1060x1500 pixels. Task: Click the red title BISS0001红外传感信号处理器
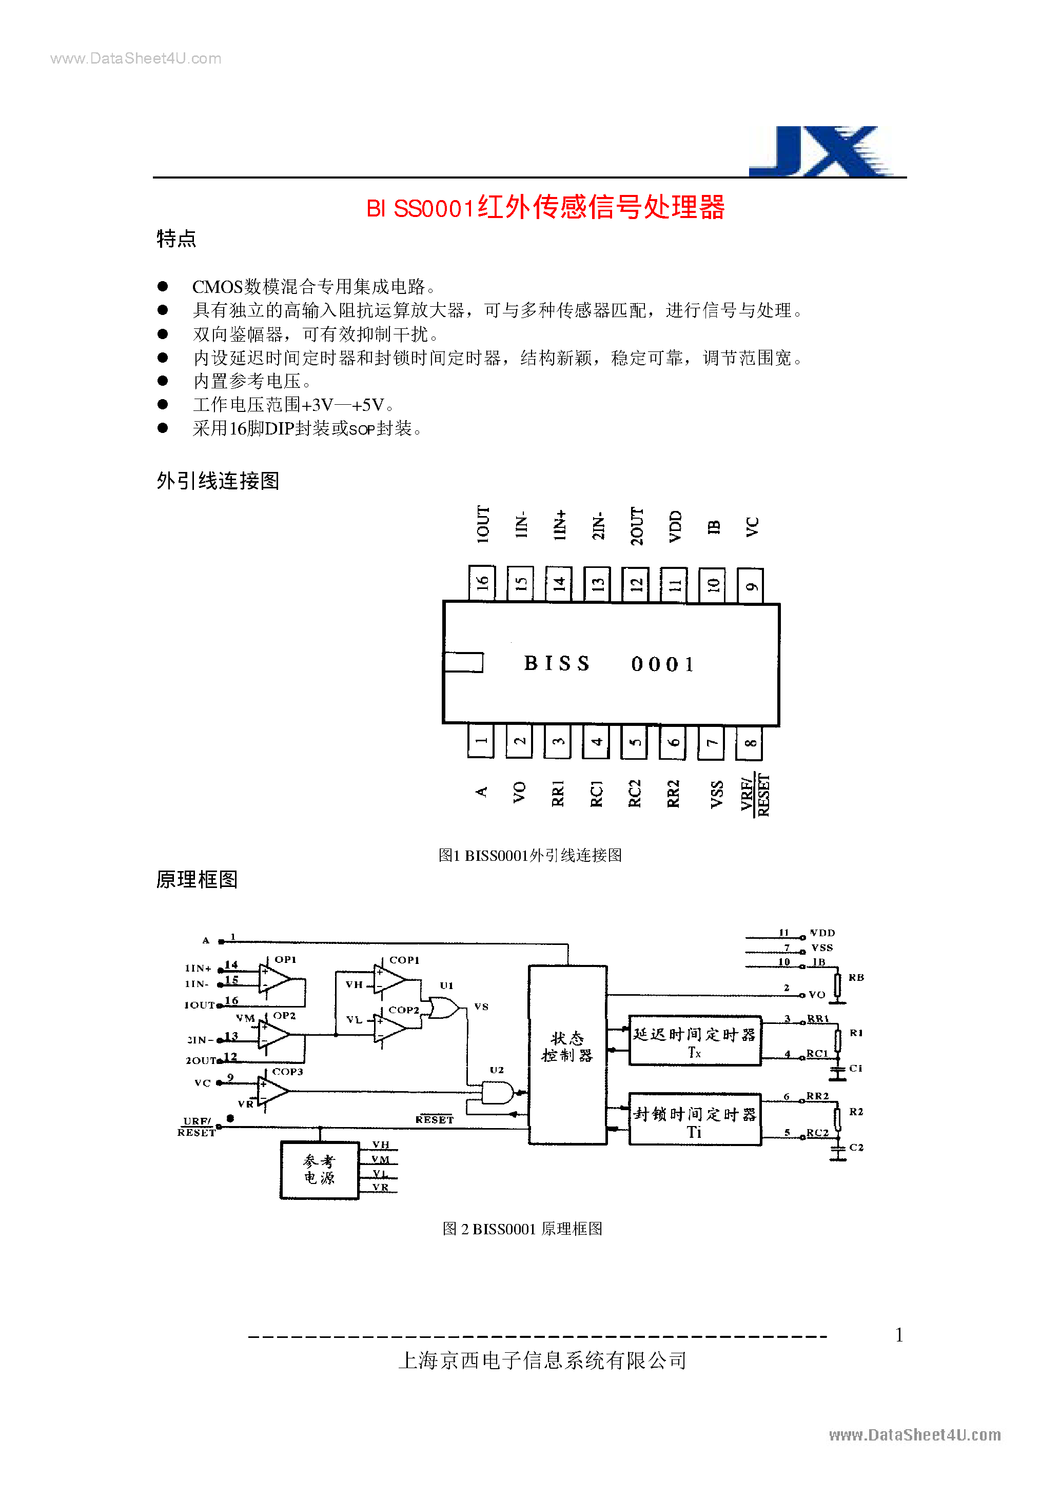[545, 208]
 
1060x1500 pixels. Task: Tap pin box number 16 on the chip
[482, 583]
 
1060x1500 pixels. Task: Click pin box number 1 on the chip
[481, 741]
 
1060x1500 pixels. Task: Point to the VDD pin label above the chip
[675, 526]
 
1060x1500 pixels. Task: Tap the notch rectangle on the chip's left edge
[463, 662]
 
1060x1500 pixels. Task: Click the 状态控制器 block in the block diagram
[568, 1054]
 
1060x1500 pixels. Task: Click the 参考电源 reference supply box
[320, 1170]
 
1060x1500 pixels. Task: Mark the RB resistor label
[856, 977]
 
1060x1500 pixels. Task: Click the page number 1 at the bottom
[899, 1335]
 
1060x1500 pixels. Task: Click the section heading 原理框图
[197, 879]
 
